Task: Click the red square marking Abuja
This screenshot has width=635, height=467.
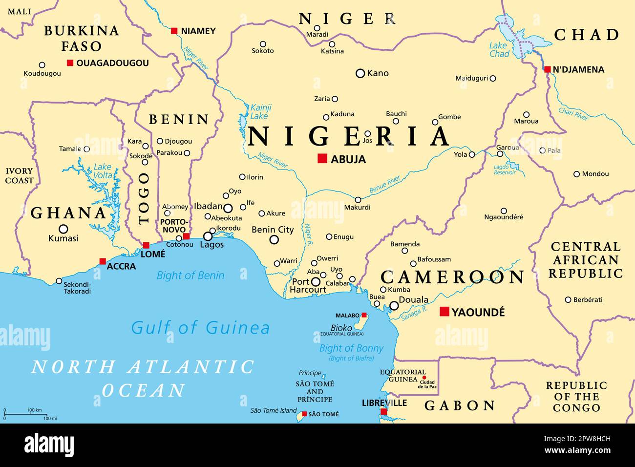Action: tap(322, 158)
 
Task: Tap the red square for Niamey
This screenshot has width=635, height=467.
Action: tap(174, 31)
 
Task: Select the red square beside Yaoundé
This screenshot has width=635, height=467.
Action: tap(444, 312)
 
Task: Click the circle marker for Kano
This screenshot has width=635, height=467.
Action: tap(360, 73)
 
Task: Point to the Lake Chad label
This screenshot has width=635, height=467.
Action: tap(499, 50)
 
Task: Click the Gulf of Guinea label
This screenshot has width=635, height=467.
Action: tap(200, 327)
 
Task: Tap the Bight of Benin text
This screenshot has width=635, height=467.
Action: tap(190, 276)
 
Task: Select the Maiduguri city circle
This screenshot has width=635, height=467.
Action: tap(492, 78)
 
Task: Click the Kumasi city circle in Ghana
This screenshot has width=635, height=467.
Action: tap(63, 229)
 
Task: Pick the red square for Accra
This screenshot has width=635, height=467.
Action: tap(103, 261)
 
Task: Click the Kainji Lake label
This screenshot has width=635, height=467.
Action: tap(260, 112)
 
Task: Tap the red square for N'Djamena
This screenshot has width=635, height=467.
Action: tap(548, 69)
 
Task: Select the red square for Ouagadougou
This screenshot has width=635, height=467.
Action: tap(70, 63)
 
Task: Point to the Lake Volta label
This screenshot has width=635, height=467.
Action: tap(103, 171)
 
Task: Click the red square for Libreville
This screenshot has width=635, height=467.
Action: tap(384, 412)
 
